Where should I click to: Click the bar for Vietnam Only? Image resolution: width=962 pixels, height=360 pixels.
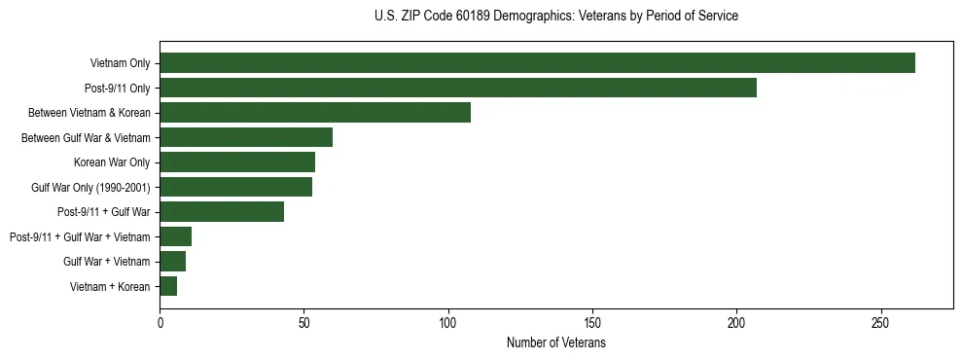coord(537,63)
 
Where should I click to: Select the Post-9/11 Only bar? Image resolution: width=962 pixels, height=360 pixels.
coord(458,88)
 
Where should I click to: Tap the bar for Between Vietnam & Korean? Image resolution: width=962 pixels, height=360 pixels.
coord(315,113)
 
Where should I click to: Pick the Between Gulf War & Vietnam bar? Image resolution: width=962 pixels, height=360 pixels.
coord(246,137)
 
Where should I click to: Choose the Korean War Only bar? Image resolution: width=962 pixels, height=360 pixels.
coord(237,162)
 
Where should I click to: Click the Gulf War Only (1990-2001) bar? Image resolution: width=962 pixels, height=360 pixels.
coord(236,187)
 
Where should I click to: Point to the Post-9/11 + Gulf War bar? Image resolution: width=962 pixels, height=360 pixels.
coord(222,211)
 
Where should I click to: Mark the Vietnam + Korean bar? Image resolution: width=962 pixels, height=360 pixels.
coord(168,286)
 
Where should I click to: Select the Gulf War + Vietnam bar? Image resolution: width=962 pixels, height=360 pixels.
coord(173,261)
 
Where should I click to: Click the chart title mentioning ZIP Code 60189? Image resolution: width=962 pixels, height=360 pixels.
coord(555,17)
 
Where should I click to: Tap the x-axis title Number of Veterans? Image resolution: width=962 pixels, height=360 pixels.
coord(555,342)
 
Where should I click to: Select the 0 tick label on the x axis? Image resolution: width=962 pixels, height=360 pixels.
coord(160,322)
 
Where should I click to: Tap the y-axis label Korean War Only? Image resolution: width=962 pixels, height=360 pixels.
coord(112,162)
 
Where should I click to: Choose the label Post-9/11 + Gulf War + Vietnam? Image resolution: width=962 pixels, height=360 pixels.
coord(80,236)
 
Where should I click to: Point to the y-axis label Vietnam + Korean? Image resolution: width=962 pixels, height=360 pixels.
coord(110,286)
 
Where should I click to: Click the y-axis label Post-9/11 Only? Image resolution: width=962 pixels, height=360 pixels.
coord(118,89)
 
